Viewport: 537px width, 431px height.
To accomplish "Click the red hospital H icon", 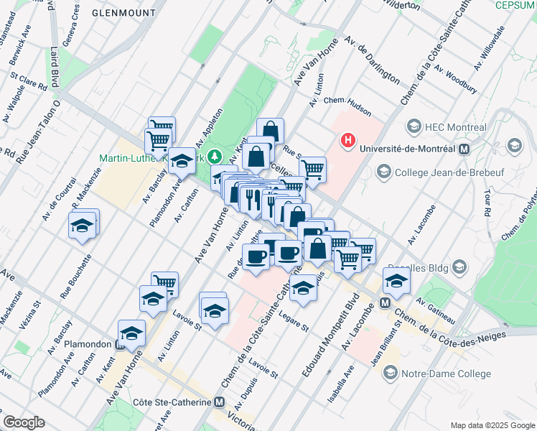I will [348, 140].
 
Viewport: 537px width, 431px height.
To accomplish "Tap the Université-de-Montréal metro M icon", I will [463, 149].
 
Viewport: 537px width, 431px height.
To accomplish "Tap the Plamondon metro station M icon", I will [120, 343].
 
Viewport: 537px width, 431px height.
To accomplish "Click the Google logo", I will [24, 422].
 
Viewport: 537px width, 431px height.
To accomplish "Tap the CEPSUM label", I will [515, 5].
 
